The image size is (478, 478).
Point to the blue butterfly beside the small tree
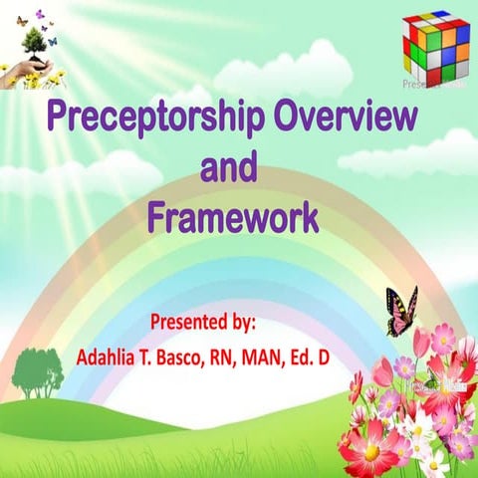[x=52, y=41]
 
